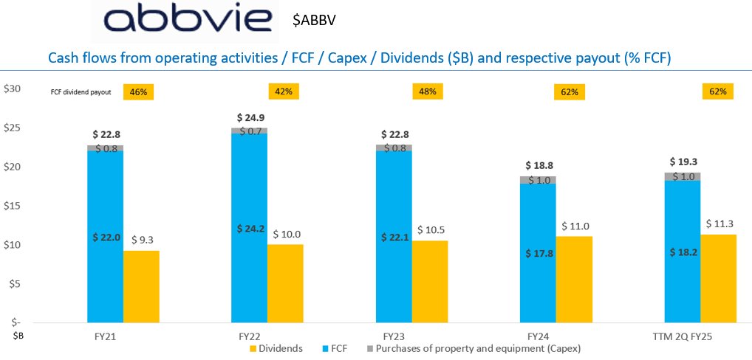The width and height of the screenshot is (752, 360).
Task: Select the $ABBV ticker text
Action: click(315, 21)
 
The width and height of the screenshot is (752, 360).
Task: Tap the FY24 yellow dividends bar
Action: click(573, 280)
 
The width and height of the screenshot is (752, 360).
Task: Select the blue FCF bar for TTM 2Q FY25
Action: click(683, 251)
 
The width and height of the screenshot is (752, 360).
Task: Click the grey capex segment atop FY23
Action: click(394, 148)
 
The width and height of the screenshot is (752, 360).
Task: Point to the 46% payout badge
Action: click(138, 92)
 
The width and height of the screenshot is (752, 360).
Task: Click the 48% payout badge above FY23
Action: click(427, 91)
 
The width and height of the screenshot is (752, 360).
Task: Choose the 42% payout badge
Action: click(283, 91)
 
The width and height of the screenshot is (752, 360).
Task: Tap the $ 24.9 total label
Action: click(250, 117)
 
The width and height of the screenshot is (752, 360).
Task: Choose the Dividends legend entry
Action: click(275, 347)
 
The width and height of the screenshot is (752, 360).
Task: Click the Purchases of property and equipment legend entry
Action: click(476, 347)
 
